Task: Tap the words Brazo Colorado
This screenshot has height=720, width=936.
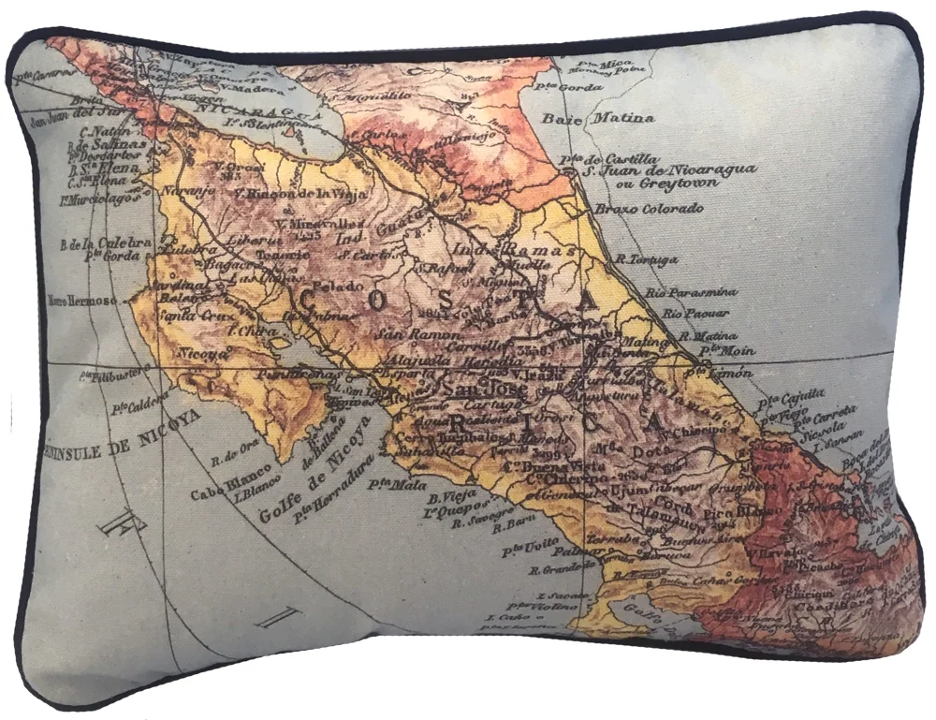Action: point(648,209)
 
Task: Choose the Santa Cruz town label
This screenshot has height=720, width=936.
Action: point(190,316)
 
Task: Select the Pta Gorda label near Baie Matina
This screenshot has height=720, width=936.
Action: point(581,87)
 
